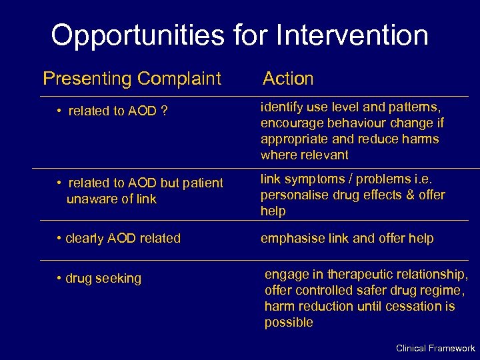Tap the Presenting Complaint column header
click(x=131, y=79)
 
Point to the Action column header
click(x=288, y=79)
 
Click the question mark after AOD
click(x=163, y=111)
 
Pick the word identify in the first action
click(x=281, y=107)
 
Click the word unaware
click(x=90, y=199)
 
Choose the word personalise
click(x=293, y=195)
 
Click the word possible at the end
click(x=288, y=323)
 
